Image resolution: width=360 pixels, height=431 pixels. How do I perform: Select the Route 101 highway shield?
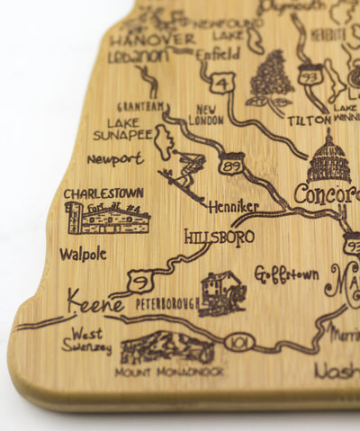pyautogui.click(x=241, y=342)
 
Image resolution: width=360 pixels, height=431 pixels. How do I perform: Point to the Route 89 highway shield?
pyautogui.click(x=230, y=164)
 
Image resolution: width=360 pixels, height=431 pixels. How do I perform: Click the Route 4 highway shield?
pyautogui.click(x=222, y=83)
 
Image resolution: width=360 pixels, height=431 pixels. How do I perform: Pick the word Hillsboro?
pyautogui.click(x=219, y=237)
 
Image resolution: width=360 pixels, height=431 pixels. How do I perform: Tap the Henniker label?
pyautogui.click(x=233, y=207)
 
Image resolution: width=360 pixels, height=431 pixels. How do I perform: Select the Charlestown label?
pyautogui.click(x=103, y=193)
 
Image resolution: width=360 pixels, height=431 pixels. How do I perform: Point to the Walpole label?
pyautogui.click(x=83, y=254)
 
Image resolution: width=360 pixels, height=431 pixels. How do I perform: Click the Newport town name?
pyautogui.click(x=115, y=159)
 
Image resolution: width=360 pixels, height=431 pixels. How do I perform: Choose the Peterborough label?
pyautogui.click(x=167, y=303)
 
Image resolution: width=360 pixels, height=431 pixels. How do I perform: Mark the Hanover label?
pyautogui.click(x=151, y=39)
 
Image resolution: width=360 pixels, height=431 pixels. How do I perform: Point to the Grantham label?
pyautogui.click(x=141, y=105)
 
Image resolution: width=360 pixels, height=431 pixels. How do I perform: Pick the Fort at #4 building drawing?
pyautogui.click(x=106, y=218)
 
